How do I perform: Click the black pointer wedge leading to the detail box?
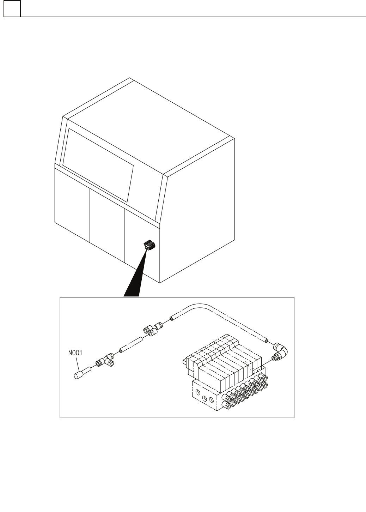pyautogui.click(x=136, y=279)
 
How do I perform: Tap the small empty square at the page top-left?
pyautogui.click(x=12, y=9)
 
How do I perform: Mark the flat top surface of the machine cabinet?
pyautogui.click(x=148, y=127)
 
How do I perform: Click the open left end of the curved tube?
pyautogui.click(x=171, y=319)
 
